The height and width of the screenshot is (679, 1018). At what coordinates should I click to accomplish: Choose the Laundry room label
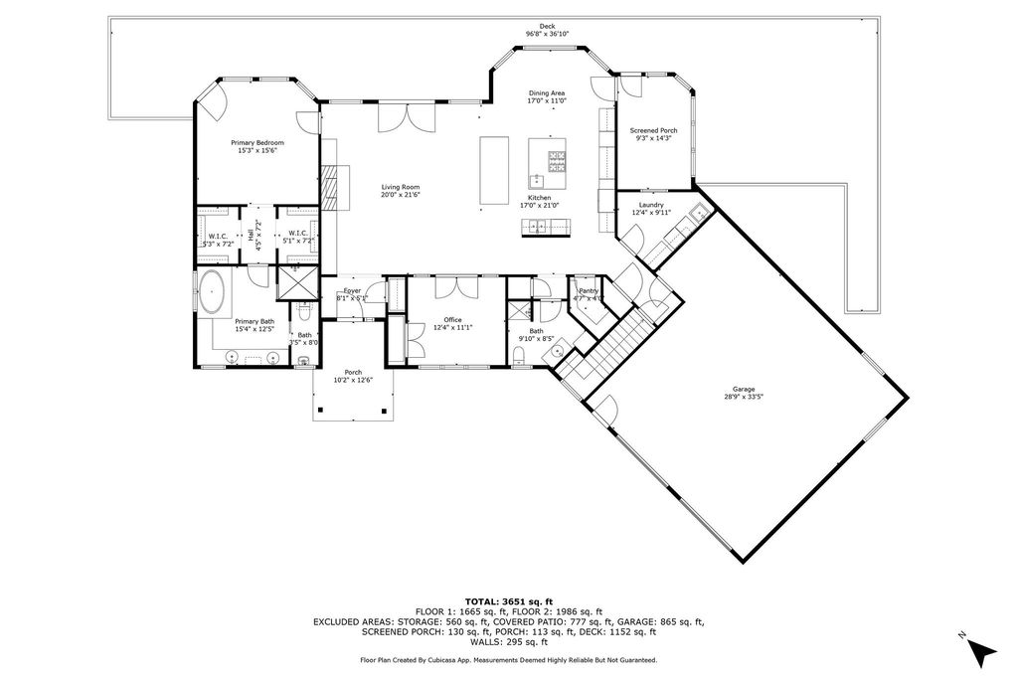[x=651, y=205]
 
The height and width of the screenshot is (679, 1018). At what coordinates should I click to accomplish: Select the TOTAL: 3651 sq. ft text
[x=508, y=601]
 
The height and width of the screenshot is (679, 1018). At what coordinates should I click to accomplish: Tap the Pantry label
[x=588, y=290]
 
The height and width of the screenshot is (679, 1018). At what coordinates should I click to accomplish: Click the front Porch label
[x=353, y=372]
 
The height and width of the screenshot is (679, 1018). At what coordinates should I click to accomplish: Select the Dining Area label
[x=547, y=92]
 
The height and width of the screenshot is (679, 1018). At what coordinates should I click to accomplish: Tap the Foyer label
[x=352, y=290]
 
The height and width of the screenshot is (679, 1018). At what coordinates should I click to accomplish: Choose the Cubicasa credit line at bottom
[x=508, y=659]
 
